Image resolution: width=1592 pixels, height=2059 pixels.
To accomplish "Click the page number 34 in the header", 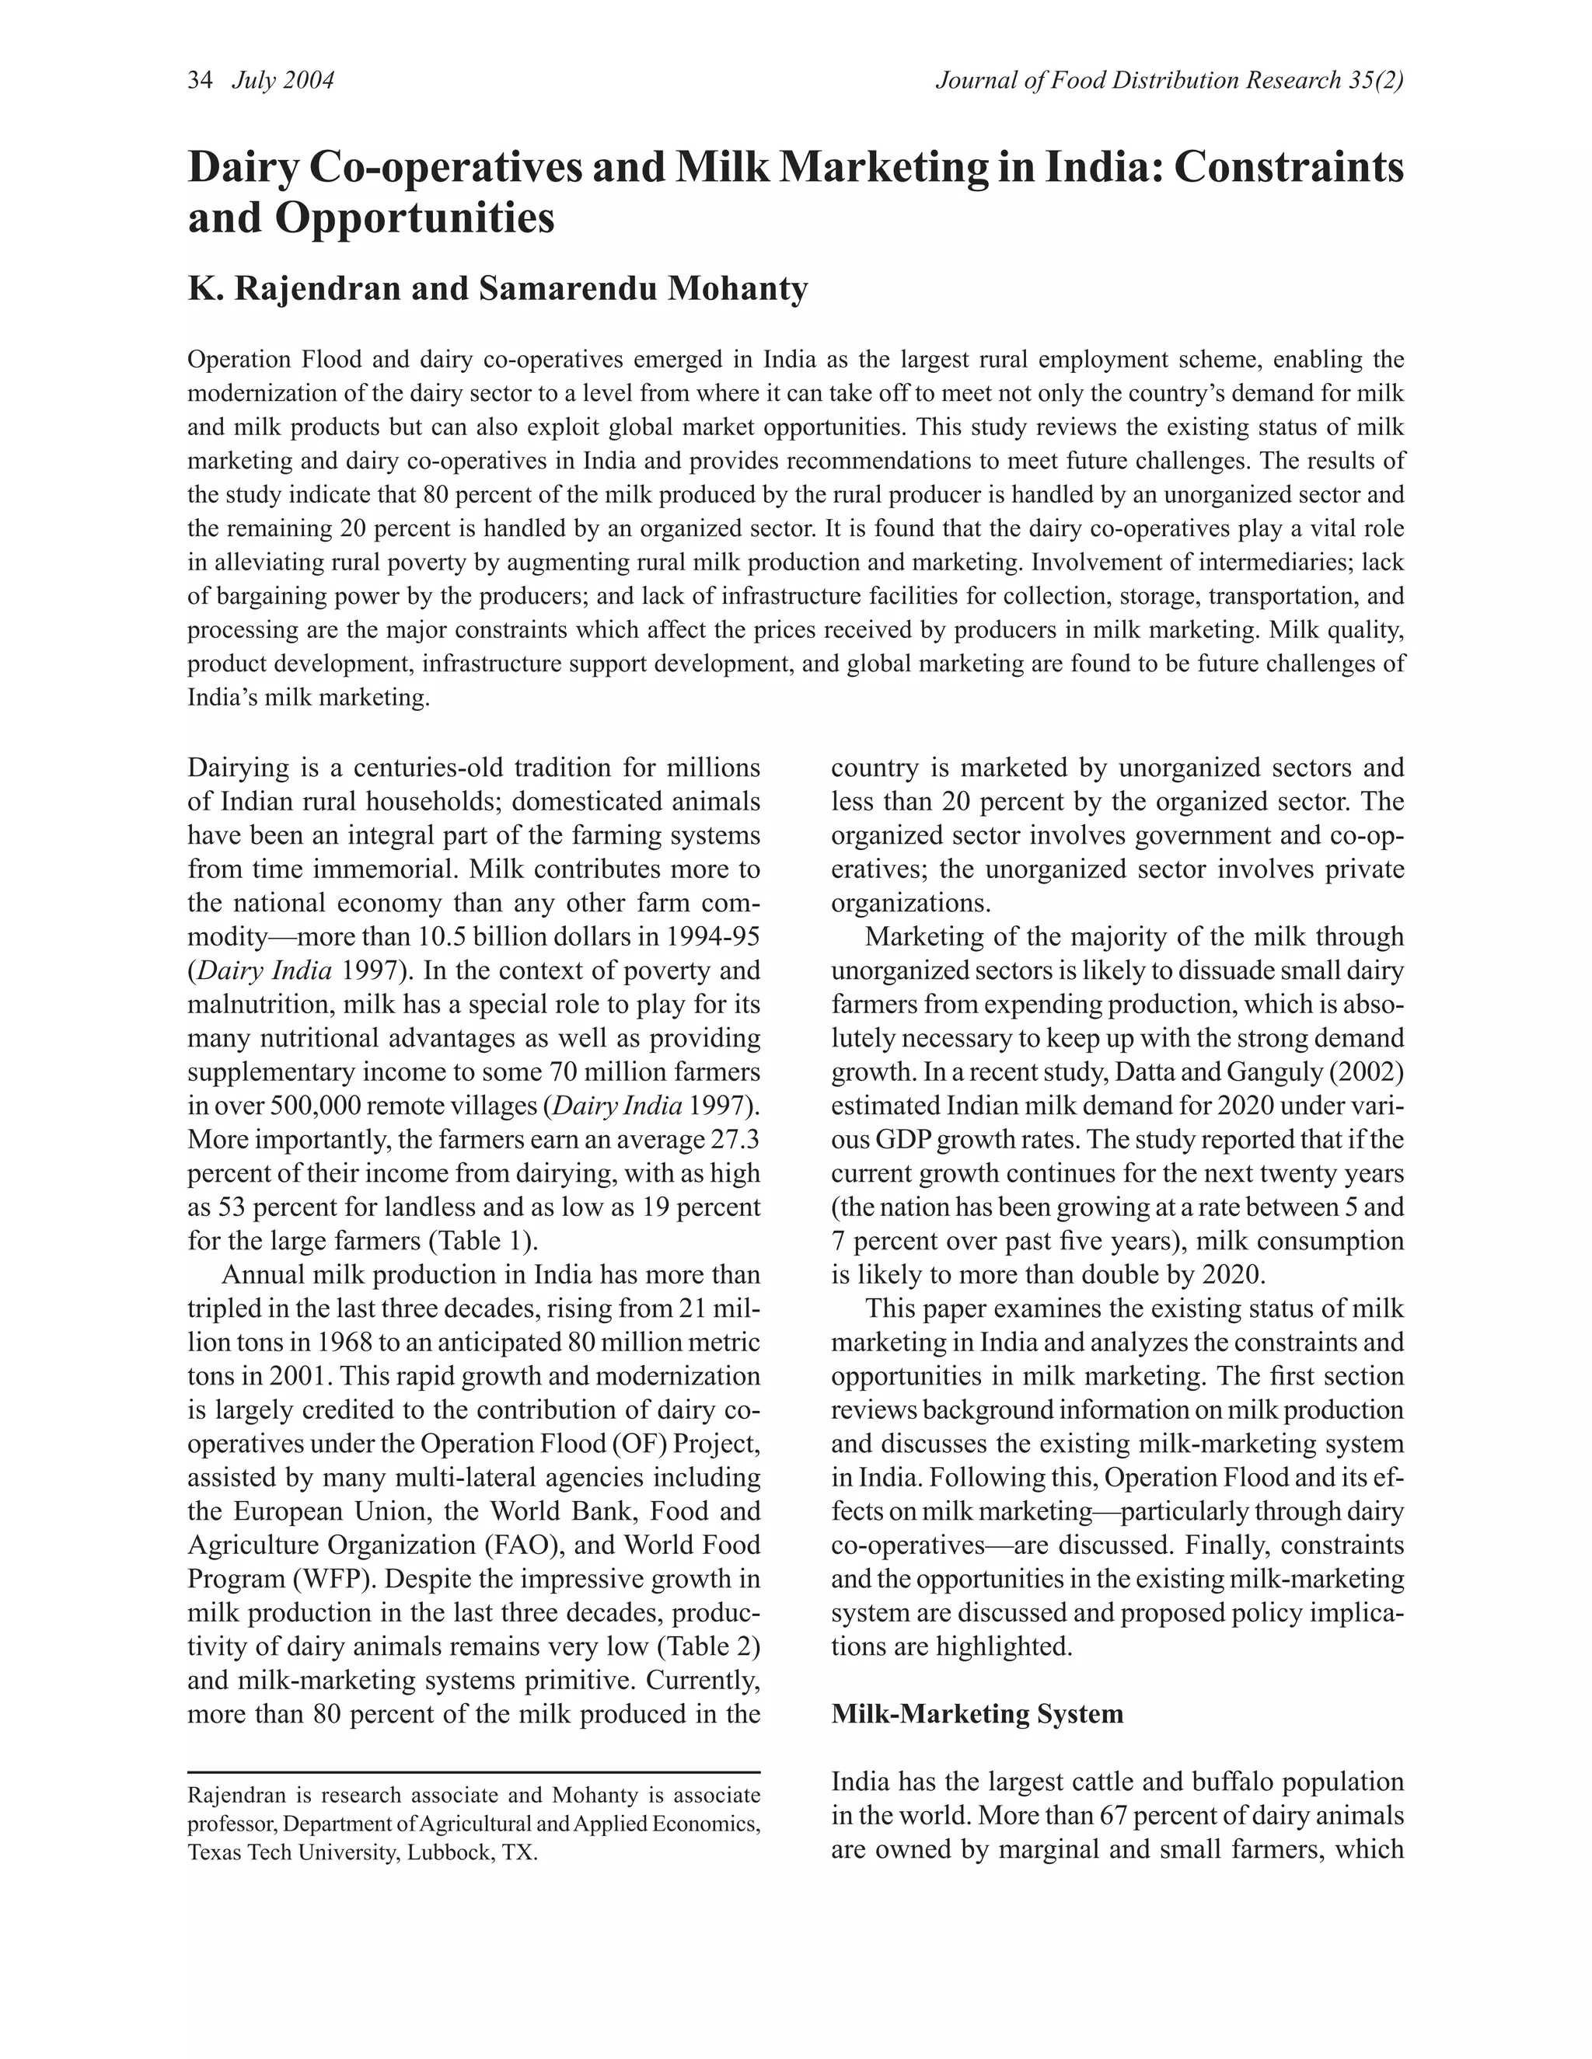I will pyautogui.click(x=200, y=81).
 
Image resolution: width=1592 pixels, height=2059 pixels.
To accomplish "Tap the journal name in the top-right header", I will pyautogui.click(x=1169, y=81).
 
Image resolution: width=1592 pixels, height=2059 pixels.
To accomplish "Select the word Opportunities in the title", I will pyautogui.click(x=415, y=219).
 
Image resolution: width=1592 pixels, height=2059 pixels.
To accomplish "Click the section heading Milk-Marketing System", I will pyautogui.click(x=977, y=1713).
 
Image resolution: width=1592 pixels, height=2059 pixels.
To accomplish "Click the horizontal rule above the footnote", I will pyautogui.click(x=473, y=1772).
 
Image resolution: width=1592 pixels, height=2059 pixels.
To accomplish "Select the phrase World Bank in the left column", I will pyautogui.click(x=567, y=1511).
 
